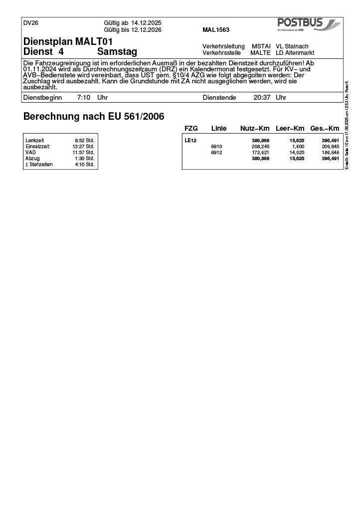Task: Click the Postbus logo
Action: pyautogui.click(x=309, y=24)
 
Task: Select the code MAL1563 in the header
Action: pyautogui.click(x=216, y=30)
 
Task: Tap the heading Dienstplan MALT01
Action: pyautogui.click(x=68, y=41)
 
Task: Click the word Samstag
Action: pyautogui.click(x=117, y=52)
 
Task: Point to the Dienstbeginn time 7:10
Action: pyautogui.click(x=83, y=98)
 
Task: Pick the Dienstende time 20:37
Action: pyautogui.click(x=262, y=98)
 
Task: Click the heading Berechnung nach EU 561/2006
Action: pyautogui.click(x=94, y=117)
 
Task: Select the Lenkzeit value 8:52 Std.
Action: pyautogui.click(x=84, y=141)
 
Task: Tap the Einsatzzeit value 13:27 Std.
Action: pyautogui.click(x=83, y=147)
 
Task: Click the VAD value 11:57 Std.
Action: pyautogui.click(x=83, y=153)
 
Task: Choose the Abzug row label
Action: pyautogui.click(x=32, y=159)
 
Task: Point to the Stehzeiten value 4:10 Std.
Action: pyautogui.click(x=84, y=165)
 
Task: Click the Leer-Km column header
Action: pyautogui.click(x=290, y=129)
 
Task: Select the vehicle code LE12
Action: pyautogui.click(x=190, y=141)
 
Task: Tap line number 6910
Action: pyautogui.click(x=216, y=147)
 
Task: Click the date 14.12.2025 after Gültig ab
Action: pyautogui.click(x=146, y=23)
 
